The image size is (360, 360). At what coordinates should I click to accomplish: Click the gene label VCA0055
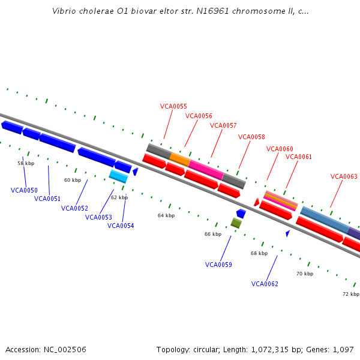point(173,106)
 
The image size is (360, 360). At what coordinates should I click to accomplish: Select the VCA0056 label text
point(199,116)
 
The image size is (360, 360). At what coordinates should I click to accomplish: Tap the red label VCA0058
point(251,137)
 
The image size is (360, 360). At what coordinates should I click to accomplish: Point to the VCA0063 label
point(344,176)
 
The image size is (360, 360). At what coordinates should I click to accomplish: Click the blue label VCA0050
point(24,190)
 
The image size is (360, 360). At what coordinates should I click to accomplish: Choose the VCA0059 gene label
point(218,265)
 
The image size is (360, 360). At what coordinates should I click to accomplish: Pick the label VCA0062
point(265,284)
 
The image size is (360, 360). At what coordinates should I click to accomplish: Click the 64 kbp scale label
point(166,215)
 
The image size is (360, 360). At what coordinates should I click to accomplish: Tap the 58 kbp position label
point(25,163)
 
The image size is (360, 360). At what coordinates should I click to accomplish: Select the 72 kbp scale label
point(351,294)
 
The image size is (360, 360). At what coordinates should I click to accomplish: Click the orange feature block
point(179,159)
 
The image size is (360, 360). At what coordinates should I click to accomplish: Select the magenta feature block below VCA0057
point(206,169)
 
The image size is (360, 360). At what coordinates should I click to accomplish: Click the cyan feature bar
point(118,176)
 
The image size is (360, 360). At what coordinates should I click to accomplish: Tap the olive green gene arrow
point(236,223)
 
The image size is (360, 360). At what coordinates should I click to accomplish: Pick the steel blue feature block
point(324,220)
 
